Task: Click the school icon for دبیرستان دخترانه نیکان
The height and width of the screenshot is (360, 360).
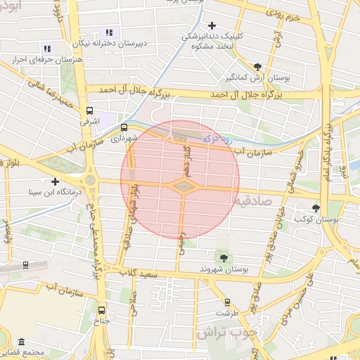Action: [108, 32]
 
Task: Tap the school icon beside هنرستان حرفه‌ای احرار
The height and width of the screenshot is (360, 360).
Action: [47, 49]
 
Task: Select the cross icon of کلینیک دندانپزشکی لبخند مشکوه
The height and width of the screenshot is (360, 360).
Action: [212, 26]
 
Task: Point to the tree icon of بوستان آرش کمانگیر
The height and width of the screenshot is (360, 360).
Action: [257, 65]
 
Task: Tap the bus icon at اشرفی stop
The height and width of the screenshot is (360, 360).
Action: [89, 110]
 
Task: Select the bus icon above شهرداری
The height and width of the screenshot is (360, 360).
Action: [124, 128]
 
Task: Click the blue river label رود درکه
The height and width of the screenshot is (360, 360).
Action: [217, 139]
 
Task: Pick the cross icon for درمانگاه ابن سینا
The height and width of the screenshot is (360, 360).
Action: [56, 181]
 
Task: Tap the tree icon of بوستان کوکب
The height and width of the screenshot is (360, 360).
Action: [316, 208]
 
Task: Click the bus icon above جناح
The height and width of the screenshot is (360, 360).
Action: [102, 310]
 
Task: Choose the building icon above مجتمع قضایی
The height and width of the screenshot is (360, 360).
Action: [20, 340]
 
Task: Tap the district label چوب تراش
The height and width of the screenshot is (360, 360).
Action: [226, 330]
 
